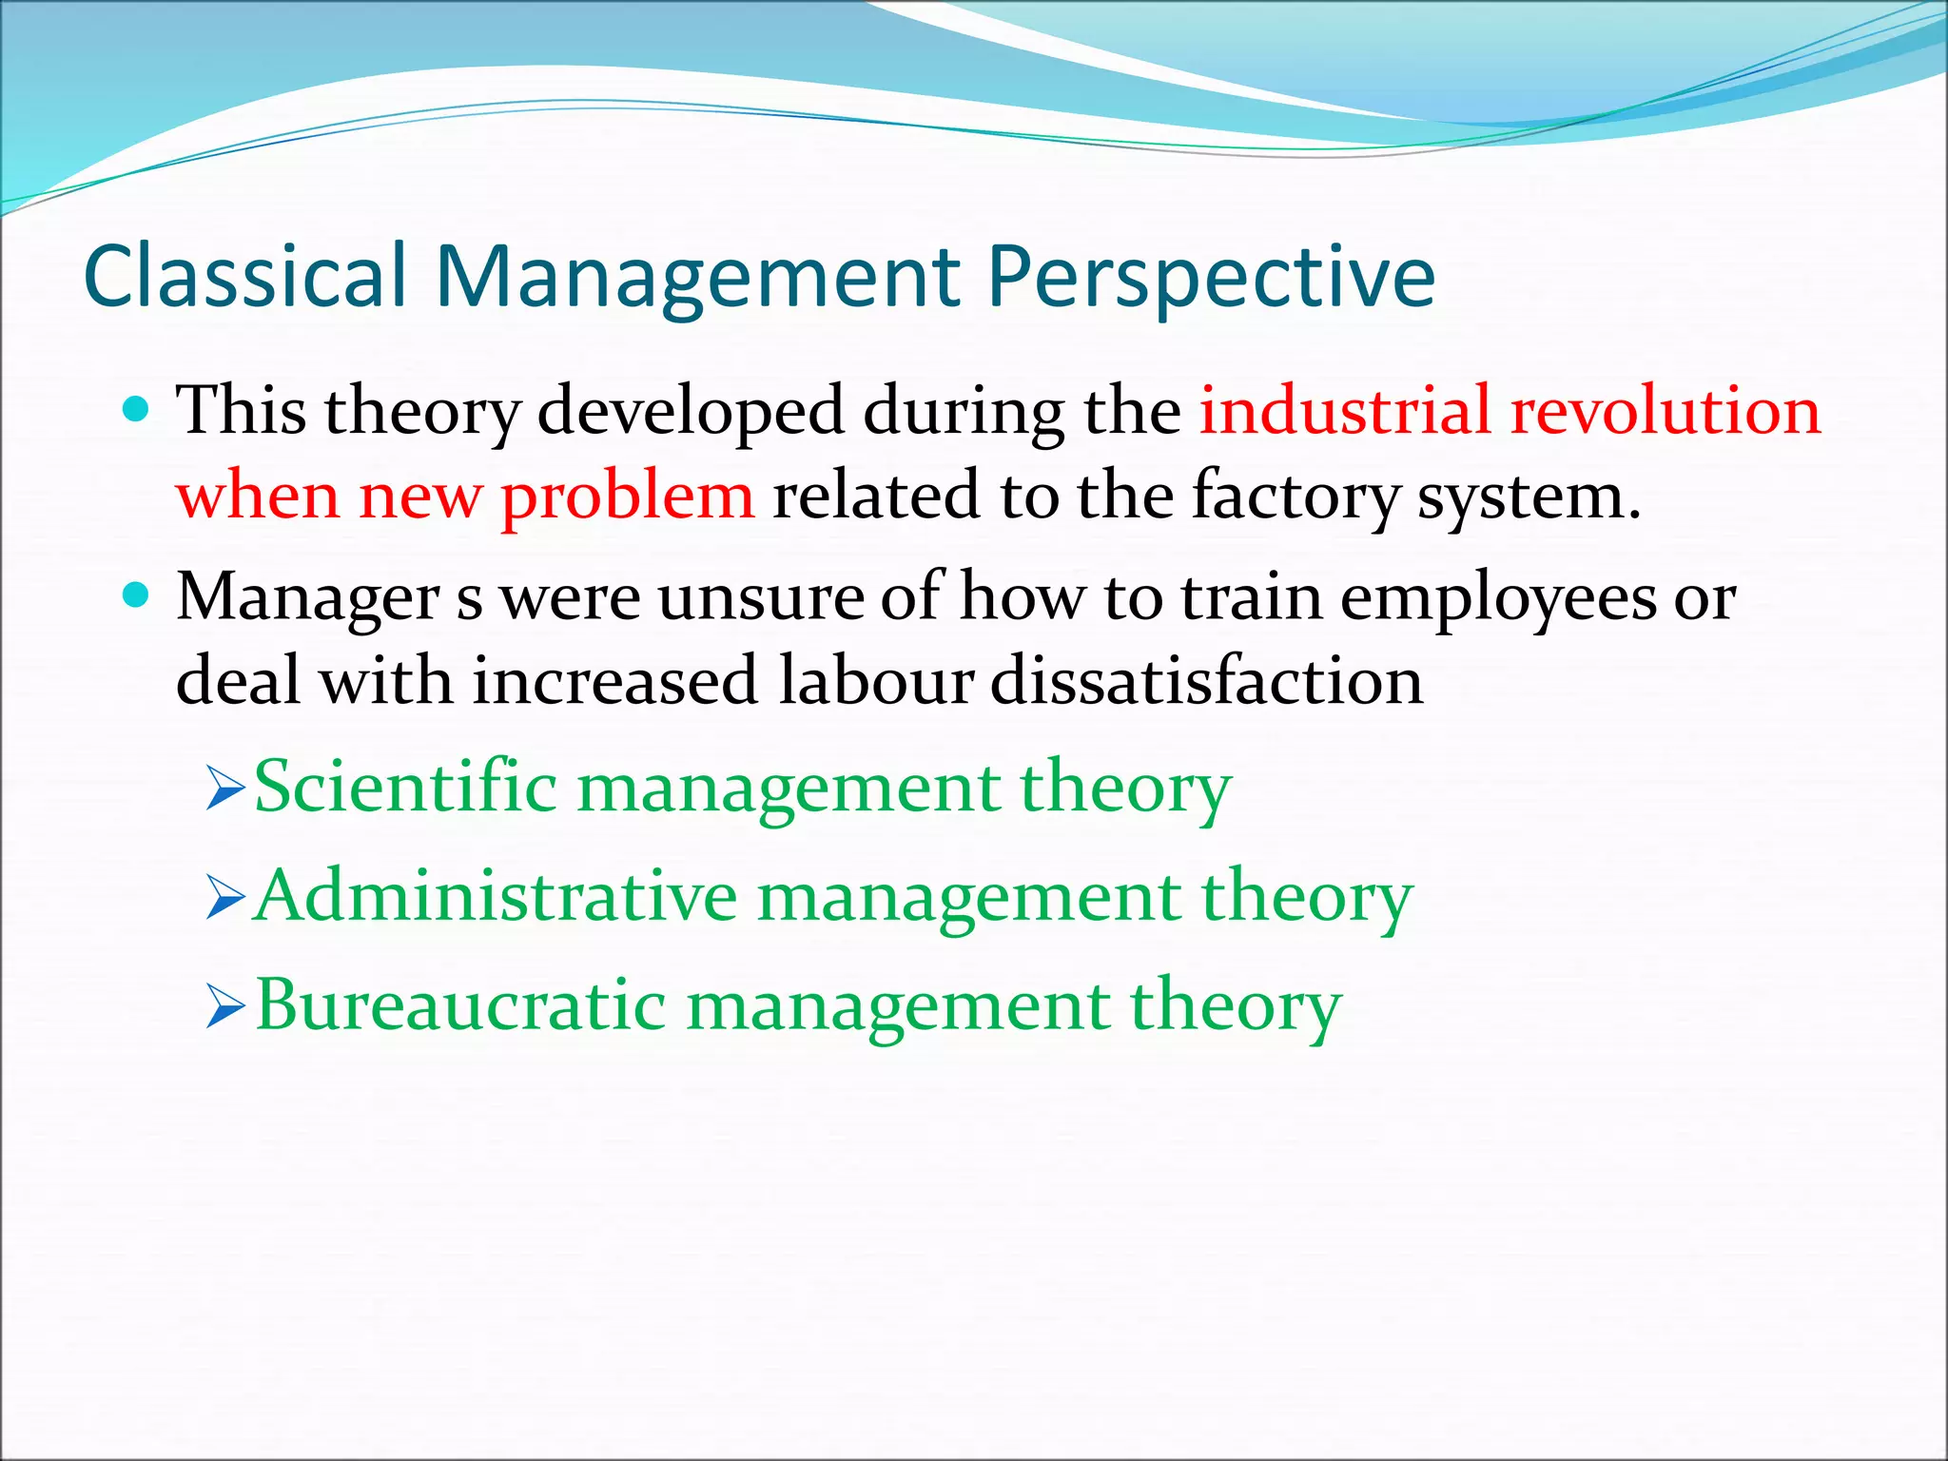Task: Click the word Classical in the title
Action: tap(245, 277)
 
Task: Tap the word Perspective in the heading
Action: tap(1210, 277)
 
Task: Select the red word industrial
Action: tap(1344, 411)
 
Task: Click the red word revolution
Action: tap(1665, 411)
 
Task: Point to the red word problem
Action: tap(628, 497)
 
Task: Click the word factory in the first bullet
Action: tap(1295, 497)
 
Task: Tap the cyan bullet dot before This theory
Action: tap(137, 410)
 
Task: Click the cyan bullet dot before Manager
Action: tap(137, 596)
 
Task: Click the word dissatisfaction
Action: tap(1206, 681)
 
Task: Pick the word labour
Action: tap(875, 681)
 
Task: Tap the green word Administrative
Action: tap(497, 896)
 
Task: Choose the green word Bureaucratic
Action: tap(460, 1005)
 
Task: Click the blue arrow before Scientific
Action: tap(225, 790)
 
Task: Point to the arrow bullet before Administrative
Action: tap(225, 899)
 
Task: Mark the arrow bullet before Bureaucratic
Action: tap(225, 1008)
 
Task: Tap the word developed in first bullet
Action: tap(691, 411)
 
